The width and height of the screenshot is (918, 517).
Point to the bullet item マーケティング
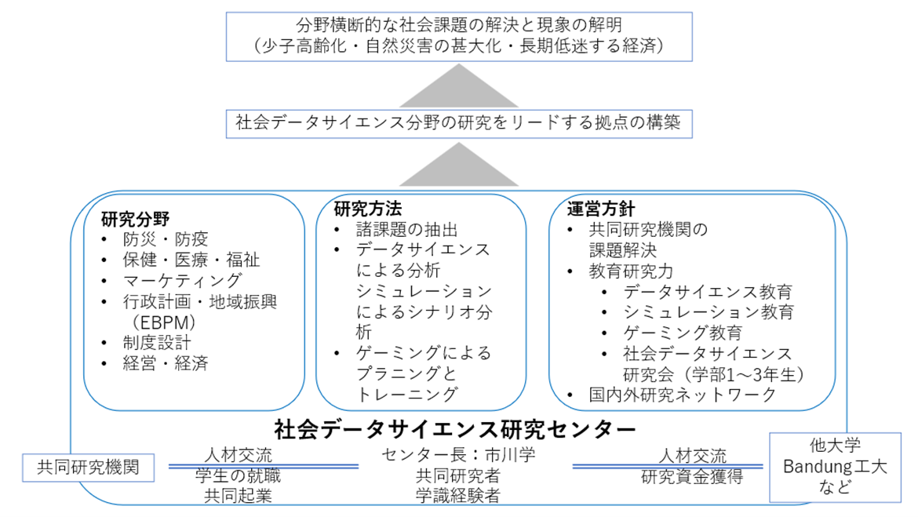(182, 280)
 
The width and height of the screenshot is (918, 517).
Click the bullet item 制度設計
(156, 342)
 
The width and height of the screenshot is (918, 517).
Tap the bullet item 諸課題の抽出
(406, 230)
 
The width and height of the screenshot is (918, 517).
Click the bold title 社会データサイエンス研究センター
(455, 428)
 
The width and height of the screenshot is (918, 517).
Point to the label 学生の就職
(237, 475)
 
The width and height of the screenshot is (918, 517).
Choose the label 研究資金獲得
(691, 475)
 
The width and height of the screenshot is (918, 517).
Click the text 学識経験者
(458, 495)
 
